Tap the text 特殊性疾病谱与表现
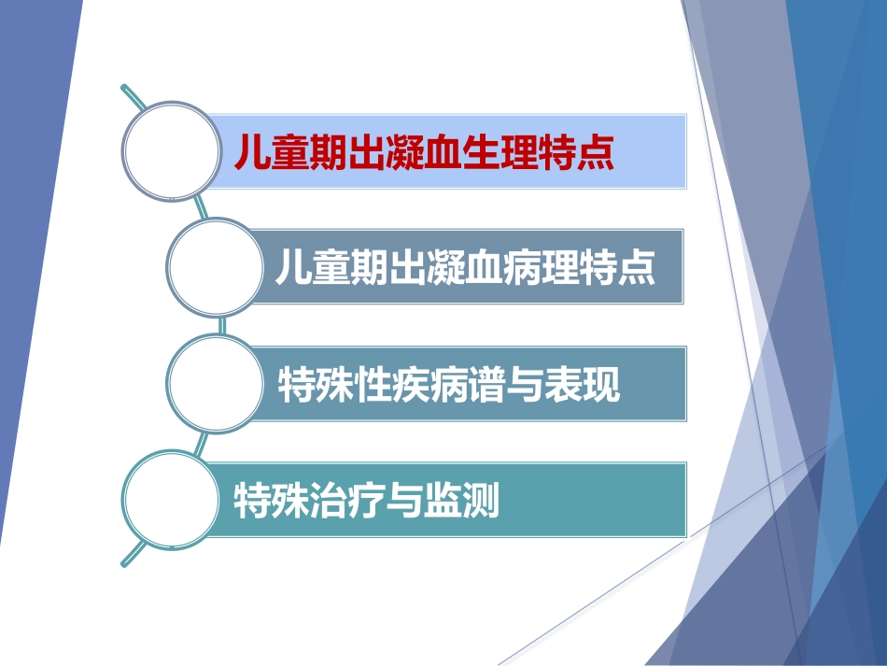tap(449, 384)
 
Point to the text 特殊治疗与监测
tap(366, 501)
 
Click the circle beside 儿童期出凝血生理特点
tap(168, 150)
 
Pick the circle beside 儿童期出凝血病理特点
tap(213, 267)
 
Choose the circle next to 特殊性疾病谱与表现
tap(213, 384)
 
